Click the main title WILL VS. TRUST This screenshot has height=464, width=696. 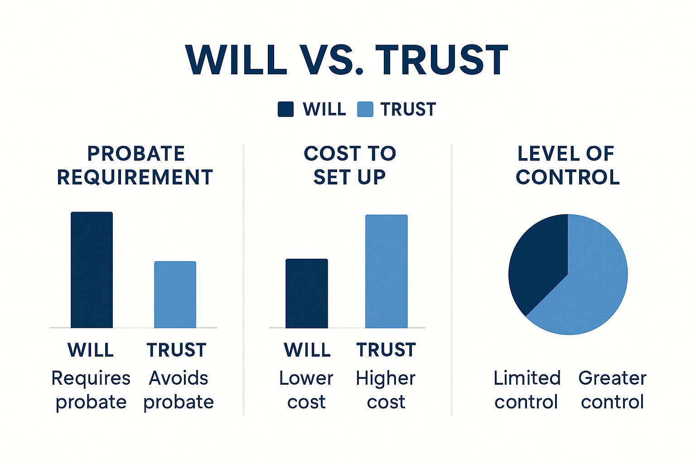pyautogui.click(x=347, y=60)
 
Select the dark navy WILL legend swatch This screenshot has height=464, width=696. pyautogui.click(x=285, y=109)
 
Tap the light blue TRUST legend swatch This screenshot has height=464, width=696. pyautogui.click(x=365, y=109)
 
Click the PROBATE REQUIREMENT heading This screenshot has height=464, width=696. pyautogui.click(x=135, y=165)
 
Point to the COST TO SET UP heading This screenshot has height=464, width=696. pyautogui.click(x=349, y=165)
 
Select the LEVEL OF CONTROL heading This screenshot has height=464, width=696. pyautogui.click(x=567, y=165)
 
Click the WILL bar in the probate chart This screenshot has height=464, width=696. pyautogui.click(x=92, y=270)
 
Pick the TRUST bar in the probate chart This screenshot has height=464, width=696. pyautogui.click(x=175, y=295)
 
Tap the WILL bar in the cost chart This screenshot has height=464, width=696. pyautogui.click(x=307, y=293)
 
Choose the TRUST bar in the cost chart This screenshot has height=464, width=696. pyautogui.click(x=386, y=271)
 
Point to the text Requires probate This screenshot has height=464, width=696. pyautogui.click(x=91, y=390)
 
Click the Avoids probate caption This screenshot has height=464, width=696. pyautogui.click(x=179, y=390)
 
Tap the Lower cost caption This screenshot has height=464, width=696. pyautogui.click(x=306, y=390)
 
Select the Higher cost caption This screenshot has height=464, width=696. pyautogui.click(x=386, y=390)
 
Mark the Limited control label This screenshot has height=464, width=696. pyautogui.click(x=527, y=390)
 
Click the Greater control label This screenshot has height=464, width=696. pyautogui.click(x=613, y=390)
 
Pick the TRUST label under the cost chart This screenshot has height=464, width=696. pyautogui.click(x=386, y=350)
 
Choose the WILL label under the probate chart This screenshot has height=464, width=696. pyautogui.click(x=91, y=350)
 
